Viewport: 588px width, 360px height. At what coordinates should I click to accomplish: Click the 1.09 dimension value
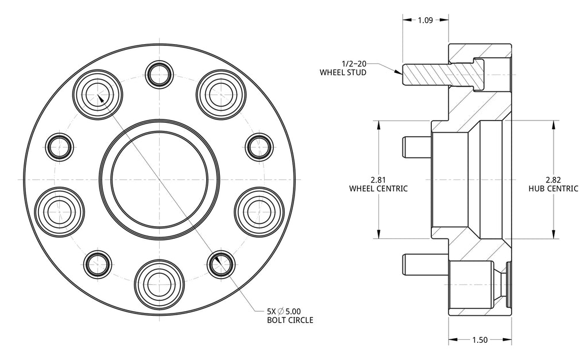coord(425,20)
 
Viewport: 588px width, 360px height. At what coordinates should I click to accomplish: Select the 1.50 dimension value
coord(479,340)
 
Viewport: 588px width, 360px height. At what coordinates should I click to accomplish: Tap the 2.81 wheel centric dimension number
coord(378,180)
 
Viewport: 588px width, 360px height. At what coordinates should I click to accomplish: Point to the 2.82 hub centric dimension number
coord(554,180)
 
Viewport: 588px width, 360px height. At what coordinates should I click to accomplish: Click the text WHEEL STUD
coord(343,72)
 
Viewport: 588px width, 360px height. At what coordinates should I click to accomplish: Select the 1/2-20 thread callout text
coord(354,64)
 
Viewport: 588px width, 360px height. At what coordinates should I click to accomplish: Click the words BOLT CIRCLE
coord(290,320)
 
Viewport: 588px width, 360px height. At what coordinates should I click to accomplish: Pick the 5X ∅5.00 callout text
coord(284,311)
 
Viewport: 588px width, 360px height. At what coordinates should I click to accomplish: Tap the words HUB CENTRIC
coord(554,189)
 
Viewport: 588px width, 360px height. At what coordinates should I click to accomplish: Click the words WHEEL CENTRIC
coord(378,189)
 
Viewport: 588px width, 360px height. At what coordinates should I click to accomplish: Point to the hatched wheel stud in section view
coord(443,75)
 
